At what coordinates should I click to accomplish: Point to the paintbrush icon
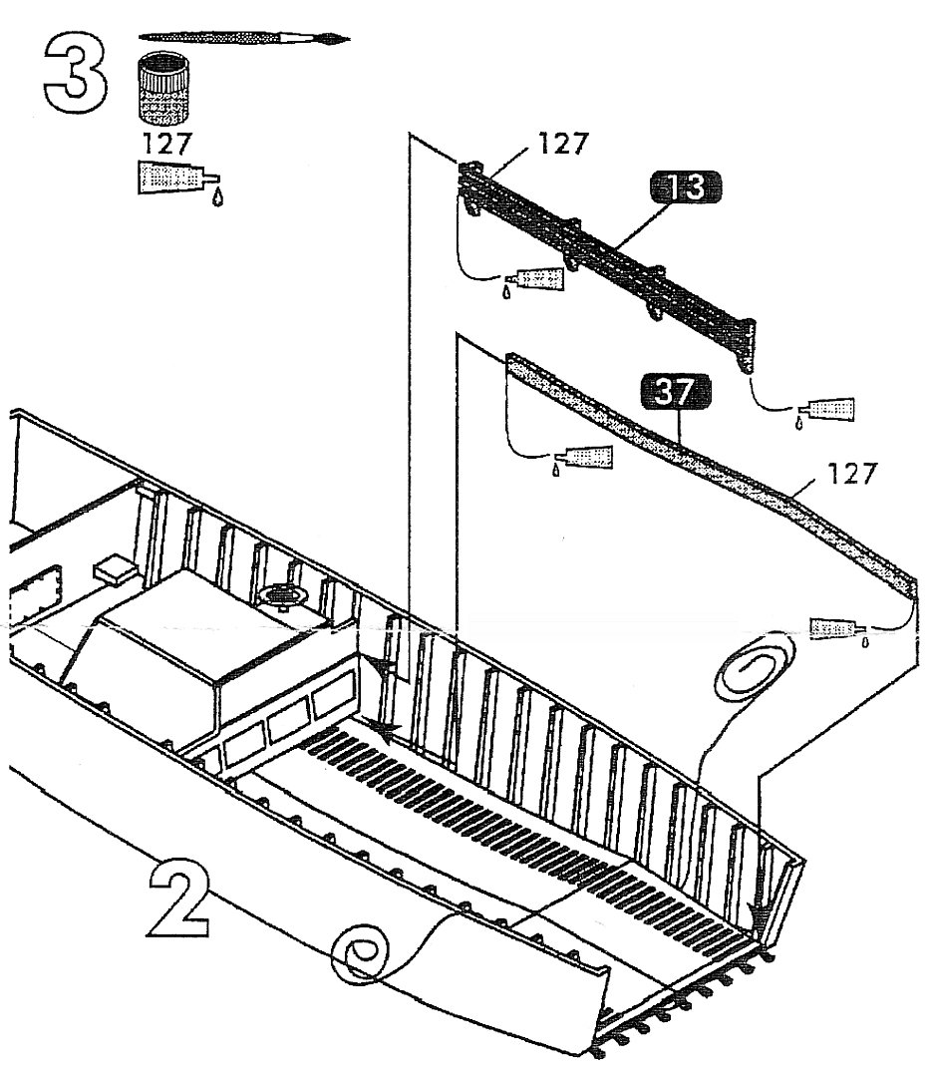pos(245,39)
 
